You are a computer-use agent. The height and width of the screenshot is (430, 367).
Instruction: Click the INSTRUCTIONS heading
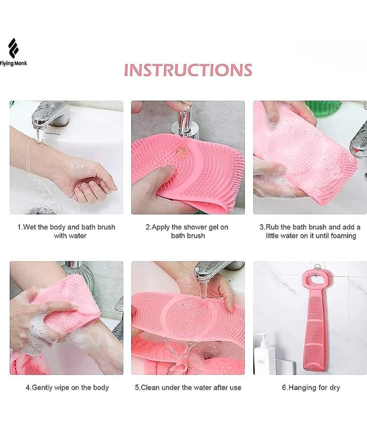click(188, 70)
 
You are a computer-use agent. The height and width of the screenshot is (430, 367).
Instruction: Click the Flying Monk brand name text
click(13, 63)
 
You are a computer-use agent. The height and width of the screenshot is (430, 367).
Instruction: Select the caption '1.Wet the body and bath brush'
click(66, 227)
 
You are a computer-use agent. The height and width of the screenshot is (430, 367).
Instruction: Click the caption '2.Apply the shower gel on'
click(187, 227)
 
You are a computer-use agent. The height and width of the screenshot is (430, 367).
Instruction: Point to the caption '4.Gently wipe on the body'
click(67, 388)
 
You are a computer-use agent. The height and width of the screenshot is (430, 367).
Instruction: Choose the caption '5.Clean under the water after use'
click(188, 388)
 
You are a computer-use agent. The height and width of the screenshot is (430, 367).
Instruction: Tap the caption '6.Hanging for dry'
click(311, 388)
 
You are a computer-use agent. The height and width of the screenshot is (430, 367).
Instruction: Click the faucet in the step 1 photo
click(49, 114)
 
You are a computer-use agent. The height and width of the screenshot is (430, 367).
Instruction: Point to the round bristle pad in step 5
click(189, 316)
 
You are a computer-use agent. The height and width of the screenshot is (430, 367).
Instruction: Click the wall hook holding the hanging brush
click(317, 267)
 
